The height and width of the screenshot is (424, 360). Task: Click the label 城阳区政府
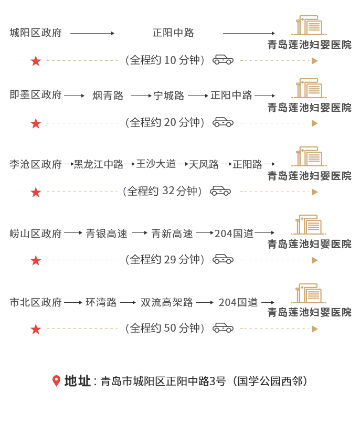(x=36, y=33)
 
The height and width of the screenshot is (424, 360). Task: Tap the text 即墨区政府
(x=36, y=95)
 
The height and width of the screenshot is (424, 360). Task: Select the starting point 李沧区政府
(x=36, y=164)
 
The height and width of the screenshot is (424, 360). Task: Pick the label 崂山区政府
(x=36, y=234)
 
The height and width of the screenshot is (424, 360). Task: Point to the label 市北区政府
(x=36, y=302)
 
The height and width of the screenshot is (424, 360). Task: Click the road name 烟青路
(x=108, y=96)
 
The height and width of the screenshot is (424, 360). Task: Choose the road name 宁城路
(x=169, y=96)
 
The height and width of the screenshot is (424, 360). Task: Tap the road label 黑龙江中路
(x=99, y=164)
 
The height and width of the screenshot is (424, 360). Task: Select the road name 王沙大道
(x=156, y=164)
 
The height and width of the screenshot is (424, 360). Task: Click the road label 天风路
(x=204, y=164)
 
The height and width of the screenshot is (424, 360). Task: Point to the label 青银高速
(x=107, y=234)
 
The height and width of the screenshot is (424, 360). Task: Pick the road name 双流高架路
(x=167, y=302)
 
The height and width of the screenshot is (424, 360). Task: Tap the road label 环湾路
(x=101, y=302)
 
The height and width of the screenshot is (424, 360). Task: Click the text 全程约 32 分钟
(x=162, y=191)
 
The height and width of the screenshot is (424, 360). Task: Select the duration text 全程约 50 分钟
(x=165, y=328)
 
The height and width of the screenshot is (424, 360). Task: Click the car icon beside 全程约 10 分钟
(x=223, y=60)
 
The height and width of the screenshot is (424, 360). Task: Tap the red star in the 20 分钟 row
(x=36, y=123)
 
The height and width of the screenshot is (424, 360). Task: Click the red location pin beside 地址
(x=56, y=381)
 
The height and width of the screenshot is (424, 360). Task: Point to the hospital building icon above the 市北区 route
(x=309, y=293)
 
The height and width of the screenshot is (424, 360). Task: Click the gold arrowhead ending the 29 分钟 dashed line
(x=314, y=260)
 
